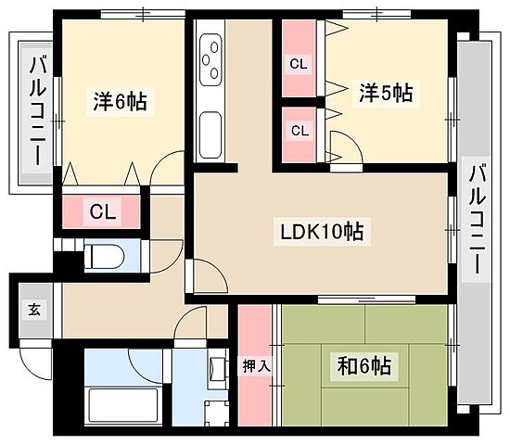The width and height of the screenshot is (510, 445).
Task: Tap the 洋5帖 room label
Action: coord(385,92)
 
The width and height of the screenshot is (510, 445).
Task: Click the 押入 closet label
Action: coord(256,366)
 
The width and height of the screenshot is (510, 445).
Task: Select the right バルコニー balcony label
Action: coord(478,219)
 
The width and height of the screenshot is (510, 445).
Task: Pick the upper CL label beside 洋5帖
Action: coord(299,64)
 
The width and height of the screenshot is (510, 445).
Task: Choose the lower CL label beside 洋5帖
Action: coord(300,130)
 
